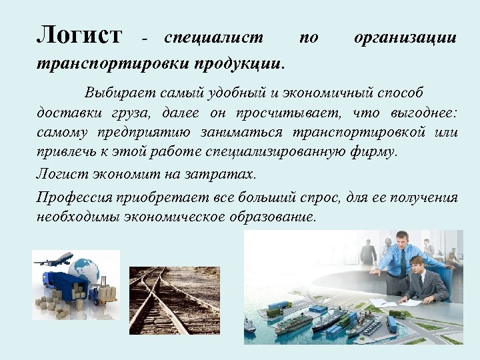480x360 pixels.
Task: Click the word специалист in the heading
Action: pos(213,38)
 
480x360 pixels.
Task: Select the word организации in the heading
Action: pos(405,38)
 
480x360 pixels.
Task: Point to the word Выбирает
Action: pos(118,91)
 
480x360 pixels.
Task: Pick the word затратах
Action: pos(225,174)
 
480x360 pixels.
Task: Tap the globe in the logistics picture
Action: pos(87,269)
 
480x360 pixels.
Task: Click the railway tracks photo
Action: pos(175,300)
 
